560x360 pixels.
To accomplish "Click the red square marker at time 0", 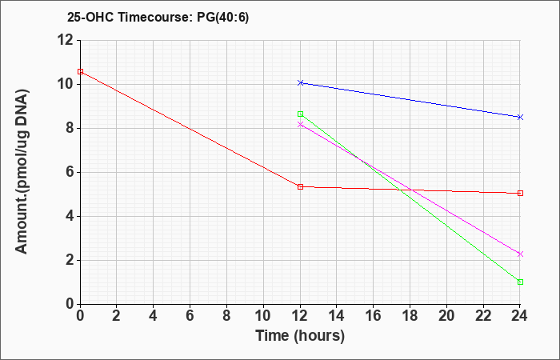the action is click(80, 71).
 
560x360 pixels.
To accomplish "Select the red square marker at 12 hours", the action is click(300, 186).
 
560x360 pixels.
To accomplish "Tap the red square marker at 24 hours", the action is click(520, 194).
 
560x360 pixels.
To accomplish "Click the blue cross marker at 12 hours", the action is click(300, 83).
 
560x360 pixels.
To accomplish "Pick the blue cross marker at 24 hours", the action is click(520, 117).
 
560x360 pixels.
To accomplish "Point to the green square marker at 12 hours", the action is click(300, 114).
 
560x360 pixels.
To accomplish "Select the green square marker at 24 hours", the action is click(520, 282).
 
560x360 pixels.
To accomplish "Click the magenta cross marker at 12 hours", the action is click(300, 124).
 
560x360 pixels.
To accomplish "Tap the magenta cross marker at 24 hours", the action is click(520, 254).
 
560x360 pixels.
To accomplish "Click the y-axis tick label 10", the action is click(66, 85).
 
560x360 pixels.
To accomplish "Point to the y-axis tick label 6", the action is click(70, 173).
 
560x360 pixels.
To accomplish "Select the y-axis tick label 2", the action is click(70, 260).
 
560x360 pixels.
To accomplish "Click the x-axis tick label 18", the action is click(410, 316).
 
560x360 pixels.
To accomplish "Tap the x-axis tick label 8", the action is click(226, 316).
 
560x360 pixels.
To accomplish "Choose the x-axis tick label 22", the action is click(483, 316).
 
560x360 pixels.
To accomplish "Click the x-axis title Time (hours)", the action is click(300, 336).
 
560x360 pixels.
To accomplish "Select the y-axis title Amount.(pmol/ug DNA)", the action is click(22, 172).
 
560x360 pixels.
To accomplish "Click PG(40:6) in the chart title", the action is click(223, 18).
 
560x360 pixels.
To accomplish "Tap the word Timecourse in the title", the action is click(155, 18).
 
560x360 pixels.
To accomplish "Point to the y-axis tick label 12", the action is click(66, 40).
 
